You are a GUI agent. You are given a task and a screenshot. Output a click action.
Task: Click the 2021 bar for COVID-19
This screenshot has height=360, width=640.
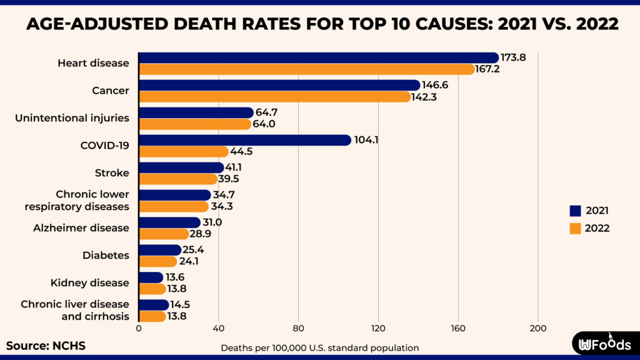244,140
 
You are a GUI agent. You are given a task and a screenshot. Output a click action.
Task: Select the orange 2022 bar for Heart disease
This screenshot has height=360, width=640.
306,69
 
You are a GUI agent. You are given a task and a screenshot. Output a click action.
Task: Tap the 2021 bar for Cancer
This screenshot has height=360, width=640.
279,85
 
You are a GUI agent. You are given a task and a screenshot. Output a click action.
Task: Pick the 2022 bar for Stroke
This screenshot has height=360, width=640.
177,179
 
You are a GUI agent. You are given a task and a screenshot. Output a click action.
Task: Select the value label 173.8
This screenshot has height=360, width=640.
513,57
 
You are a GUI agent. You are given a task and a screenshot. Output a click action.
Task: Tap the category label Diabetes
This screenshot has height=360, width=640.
106,256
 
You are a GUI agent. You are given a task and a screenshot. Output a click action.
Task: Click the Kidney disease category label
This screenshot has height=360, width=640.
89,283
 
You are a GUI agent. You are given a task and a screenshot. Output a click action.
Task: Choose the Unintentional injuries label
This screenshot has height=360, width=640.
72,118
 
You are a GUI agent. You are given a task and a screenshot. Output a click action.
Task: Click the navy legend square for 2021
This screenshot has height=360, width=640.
576,211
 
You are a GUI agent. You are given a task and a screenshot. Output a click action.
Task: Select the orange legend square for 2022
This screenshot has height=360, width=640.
576,229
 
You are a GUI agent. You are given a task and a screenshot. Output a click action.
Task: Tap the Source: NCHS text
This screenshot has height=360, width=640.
46,346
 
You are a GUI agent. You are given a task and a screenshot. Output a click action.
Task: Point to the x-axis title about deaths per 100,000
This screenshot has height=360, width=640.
319,347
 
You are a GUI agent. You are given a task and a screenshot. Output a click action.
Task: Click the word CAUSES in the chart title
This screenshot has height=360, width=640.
417,24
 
